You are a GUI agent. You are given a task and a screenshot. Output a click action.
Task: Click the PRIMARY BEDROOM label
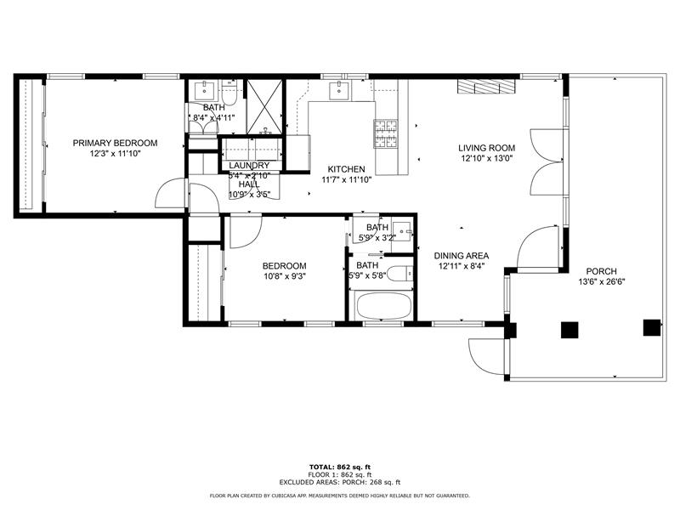click(115, 143)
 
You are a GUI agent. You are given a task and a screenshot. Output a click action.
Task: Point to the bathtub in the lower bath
click(382, 306)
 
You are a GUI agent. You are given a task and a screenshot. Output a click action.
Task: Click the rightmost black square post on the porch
click(652, 328)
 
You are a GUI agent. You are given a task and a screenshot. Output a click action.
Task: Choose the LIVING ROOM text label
click(487, 148)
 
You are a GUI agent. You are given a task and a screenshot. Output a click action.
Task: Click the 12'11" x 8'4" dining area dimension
click(462, 266)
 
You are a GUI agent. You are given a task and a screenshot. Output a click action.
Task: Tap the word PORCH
click(602, 271)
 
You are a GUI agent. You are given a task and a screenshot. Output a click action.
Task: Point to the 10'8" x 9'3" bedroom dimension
click(284, 275)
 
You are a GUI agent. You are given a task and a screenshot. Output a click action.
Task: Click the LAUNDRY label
click(249, 166)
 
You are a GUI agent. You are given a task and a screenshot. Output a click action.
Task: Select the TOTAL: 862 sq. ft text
click(339, 467)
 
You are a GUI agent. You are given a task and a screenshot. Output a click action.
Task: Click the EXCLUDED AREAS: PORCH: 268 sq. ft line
click(339, 482)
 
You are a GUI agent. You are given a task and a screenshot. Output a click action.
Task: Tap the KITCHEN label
click(347, 169)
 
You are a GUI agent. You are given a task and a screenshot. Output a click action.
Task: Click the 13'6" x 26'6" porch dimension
click(602, 281)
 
